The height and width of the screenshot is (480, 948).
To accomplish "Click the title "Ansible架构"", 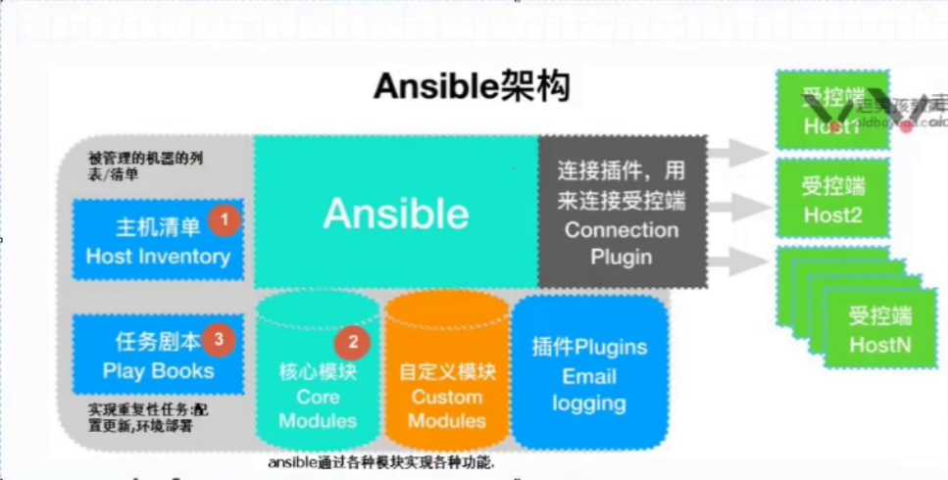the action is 472,88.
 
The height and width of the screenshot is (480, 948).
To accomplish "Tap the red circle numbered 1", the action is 225,221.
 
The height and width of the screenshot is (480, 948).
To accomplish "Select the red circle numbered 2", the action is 352,343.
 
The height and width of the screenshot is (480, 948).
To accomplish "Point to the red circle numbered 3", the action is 219,340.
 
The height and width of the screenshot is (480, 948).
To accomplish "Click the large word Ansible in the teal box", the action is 396,213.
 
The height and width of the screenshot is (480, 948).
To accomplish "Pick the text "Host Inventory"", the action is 158,257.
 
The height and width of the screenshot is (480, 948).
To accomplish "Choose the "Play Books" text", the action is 158,371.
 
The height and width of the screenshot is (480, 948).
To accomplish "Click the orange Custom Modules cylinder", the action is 446,377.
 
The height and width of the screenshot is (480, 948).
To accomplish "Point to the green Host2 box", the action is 832,200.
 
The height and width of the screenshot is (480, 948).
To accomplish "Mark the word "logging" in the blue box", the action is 589,403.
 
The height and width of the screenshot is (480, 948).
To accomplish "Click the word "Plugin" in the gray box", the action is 621,257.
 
